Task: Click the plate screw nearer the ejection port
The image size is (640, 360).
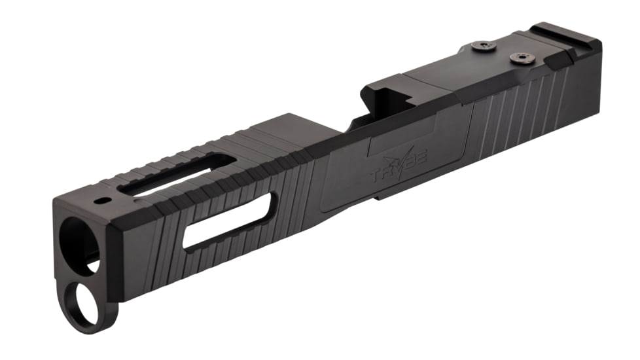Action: click(481, 46)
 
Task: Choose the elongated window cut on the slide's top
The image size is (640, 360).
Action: click(177, 175)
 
